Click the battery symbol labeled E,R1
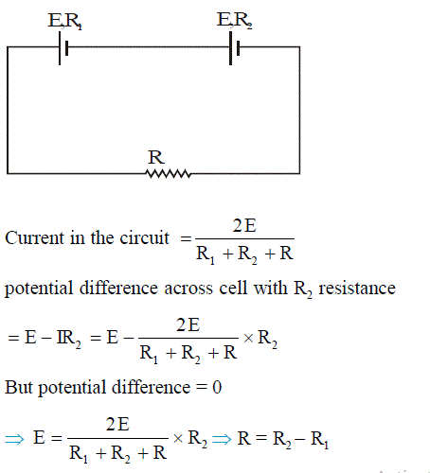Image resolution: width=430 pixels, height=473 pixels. click(63, 48)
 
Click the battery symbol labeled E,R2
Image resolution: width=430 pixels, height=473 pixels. click(234, 48)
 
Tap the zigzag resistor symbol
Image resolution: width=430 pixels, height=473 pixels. click(169, 173)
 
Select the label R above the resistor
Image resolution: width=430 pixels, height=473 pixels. click(156, 157)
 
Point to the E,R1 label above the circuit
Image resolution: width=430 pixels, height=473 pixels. click(65, 21)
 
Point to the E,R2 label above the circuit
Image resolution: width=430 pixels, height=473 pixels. click(234, 20)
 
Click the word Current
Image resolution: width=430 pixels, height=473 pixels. click(34, 237)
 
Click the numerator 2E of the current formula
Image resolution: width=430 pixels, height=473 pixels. click(244, 226)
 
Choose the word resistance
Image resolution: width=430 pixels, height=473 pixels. click(357, 289)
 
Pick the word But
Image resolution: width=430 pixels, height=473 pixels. click(19, 387)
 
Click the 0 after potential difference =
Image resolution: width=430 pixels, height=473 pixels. click(217, 387)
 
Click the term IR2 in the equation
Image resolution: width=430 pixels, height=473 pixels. click(68, 339)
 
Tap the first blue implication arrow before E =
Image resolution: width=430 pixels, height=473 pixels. click(14, 439)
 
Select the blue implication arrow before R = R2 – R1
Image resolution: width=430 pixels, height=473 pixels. click(222, 439)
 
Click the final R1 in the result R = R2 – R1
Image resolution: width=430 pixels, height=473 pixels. click(319, 439)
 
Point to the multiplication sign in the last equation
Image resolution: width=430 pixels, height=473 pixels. click(178, 438)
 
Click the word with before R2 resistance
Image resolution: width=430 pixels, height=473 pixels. click(271, 288)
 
